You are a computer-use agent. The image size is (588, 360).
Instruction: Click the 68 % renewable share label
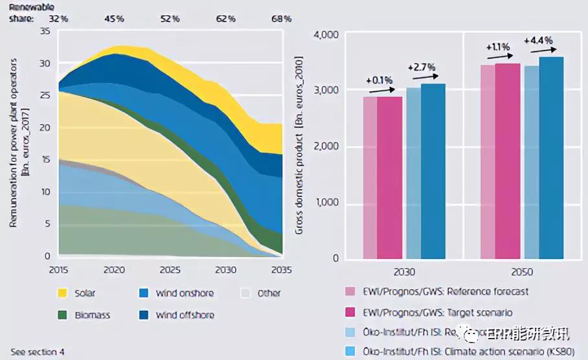[282, 18]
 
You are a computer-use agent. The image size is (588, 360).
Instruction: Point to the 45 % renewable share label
[114, 18]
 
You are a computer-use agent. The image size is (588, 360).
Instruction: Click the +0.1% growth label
[378, 80]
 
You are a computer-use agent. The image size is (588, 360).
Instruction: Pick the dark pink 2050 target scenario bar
[508, 162]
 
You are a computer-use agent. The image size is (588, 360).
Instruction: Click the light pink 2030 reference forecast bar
[370, 178]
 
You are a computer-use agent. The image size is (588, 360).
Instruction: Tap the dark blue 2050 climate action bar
[551, 159]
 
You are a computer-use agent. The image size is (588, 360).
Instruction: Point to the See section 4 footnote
[38, 352]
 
